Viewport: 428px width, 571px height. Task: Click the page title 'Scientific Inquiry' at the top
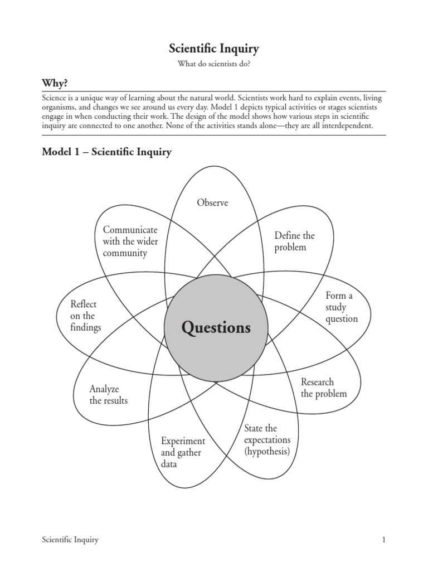214,49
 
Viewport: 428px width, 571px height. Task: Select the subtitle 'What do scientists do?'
214,65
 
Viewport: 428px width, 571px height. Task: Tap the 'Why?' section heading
55,83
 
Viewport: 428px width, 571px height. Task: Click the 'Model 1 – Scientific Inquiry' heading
107,152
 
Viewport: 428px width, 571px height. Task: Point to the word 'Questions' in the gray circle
216,327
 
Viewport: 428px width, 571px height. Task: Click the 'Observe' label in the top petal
212,202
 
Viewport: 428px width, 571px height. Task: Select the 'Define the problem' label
294,241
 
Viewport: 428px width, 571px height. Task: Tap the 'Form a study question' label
342,307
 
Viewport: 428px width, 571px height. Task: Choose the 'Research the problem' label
323,388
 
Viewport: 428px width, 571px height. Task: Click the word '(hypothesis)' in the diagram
267,452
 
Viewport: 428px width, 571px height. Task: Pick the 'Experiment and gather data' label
183,452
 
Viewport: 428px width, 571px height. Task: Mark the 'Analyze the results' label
108,394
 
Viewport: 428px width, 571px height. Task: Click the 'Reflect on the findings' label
85,316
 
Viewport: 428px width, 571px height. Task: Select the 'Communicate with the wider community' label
130,241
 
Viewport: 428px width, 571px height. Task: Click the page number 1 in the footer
384,540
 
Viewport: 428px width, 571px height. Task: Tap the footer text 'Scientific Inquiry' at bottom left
70,540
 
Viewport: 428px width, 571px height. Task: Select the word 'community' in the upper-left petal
125,253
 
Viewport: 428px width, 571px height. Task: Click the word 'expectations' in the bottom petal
267,440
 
